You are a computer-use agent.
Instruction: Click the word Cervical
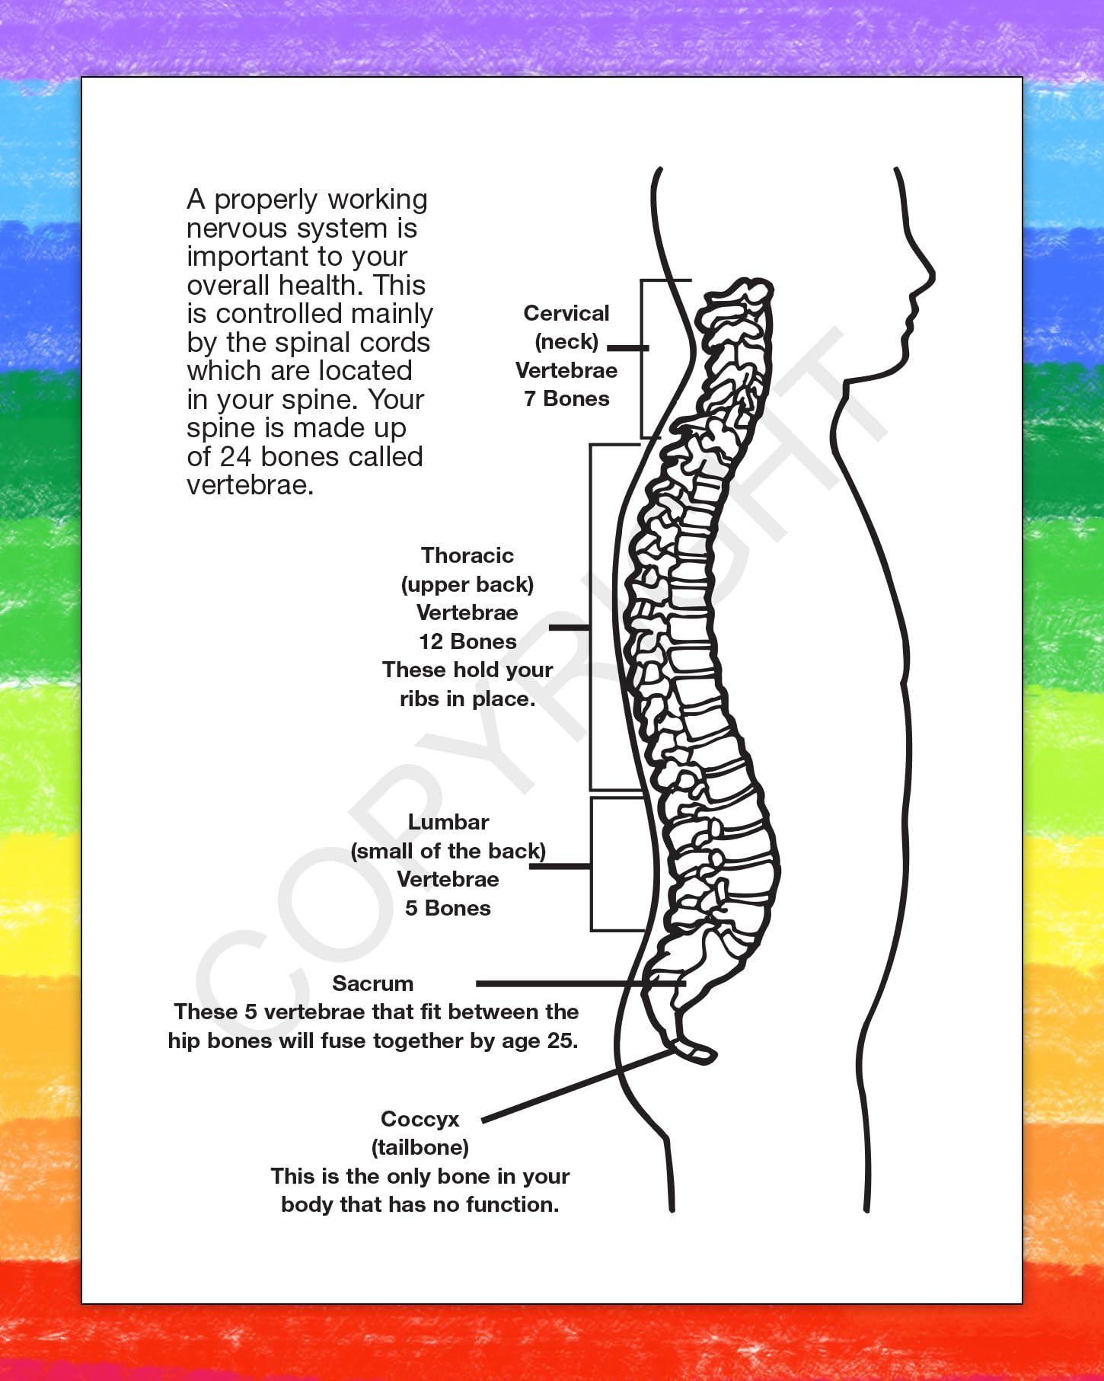pyautogui.click(x=566, y=313)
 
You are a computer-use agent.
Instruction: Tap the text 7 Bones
pyautogui.click(x=566, y=398)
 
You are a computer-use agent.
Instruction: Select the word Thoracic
pyautogui.click(x=467, y=555)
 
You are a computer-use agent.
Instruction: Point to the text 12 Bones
pyautogui.click(x=467, y=641)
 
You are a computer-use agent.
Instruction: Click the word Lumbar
pyautogui.click(x=448, y=822)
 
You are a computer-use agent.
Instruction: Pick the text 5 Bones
pyautogui.click(x=448, y=908)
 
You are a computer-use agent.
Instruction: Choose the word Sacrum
pyautogui.click(x=372, y=983)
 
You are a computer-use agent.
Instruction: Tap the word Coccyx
pyautogui.click(x=420, y=1119)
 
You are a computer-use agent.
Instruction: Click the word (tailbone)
pyautogui.click(x=420, y=1147)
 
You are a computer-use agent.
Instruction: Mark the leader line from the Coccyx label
pyautogui.click(x=579, y=1087)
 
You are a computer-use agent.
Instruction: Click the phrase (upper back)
pyautogui.click(x=467, y=584)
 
